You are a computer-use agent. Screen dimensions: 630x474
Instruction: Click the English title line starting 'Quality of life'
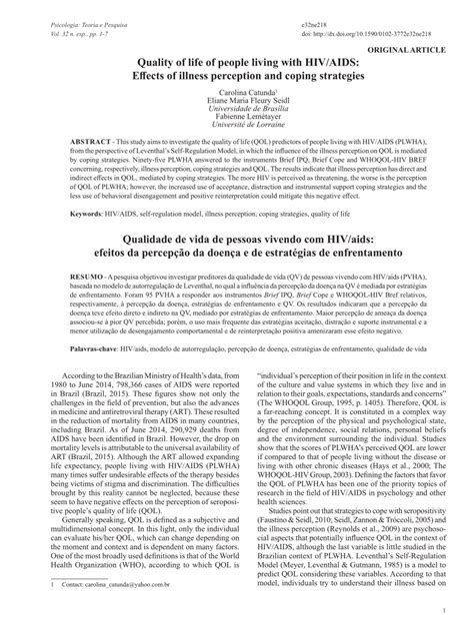coord(236,60)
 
